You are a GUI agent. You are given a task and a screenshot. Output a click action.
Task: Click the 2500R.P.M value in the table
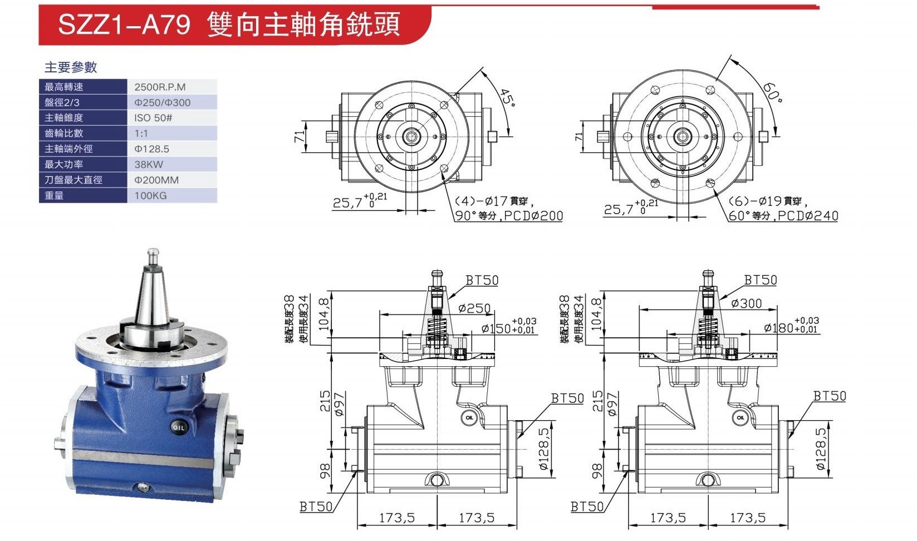point(160,87)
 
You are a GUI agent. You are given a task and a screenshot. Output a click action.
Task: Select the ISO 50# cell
point(153,118)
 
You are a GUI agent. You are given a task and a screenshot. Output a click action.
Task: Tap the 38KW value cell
point(149,165)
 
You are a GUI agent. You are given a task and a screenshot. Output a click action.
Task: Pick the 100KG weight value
point(150,195)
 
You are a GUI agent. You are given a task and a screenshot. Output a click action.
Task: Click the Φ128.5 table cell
point(151,149)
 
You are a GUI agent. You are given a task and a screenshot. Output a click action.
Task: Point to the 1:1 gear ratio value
point(141,134)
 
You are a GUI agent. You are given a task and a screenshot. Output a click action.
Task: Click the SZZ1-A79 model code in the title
point(124,24)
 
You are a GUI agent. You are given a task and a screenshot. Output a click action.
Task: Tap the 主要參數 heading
point(70,67)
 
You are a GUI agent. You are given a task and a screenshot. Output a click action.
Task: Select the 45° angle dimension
point(508,97)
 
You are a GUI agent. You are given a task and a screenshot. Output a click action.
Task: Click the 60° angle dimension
point(772,92)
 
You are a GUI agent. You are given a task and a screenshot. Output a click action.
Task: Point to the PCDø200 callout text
point(533,215)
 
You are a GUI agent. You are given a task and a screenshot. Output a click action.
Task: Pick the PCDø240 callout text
point(808,215)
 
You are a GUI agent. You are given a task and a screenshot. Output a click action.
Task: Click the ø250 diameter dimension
point(474,308)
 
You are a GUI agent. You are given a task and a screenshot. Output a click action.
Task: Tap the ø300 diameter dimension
point(746,303)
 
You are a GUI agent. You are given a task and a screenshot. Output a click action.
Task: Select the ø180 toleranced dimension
point(791,326)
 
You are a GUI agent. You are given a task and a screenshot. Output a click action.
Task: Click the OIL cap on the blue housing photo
point(179,427)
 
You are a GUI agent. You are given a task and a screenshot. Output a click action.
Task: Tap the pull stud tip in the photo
point(153,251)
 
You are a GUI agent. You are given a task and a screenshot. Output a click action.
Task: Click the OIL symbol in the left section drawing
point(469,417)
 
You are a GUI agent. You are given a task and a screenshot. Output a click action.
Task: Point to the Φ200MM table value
point(156,180)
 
